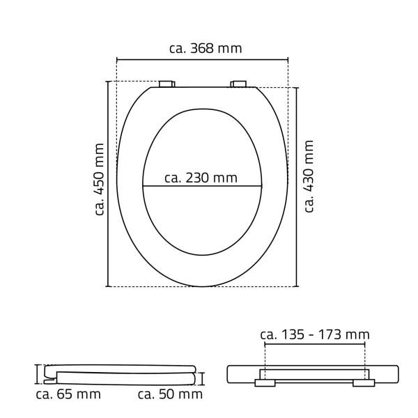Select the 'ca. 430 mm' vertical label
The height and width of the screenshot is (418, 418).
click(x=309, y=176)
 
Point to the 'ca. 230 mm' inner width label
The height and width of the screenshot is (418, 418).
click(x=201, y=178)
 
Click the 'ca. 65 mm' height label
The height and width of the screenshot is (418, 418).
click(x=68, y=394)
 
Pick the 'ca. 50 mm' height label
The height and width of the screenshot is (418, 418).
click(x=170, y=394)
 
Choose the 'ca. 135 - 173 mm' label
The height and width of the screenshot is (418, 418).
click(x=314, y=335)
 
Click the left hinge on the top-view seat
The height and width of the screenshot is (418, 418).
click(x=168, y=84)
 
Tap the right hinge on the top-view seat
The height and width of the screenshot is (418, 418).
click(x=239, y=84)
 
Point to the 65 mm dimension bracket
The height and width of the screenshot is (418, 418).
click(x=38, y=374)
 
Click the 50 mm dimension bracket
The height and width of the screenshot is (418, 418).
click(x=203, y=378)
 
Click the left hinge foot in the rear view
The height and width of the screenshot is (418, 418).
click(x=265, y=382)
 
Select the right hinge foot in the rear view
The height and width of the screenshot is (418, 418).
click(x=364, y=382)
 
